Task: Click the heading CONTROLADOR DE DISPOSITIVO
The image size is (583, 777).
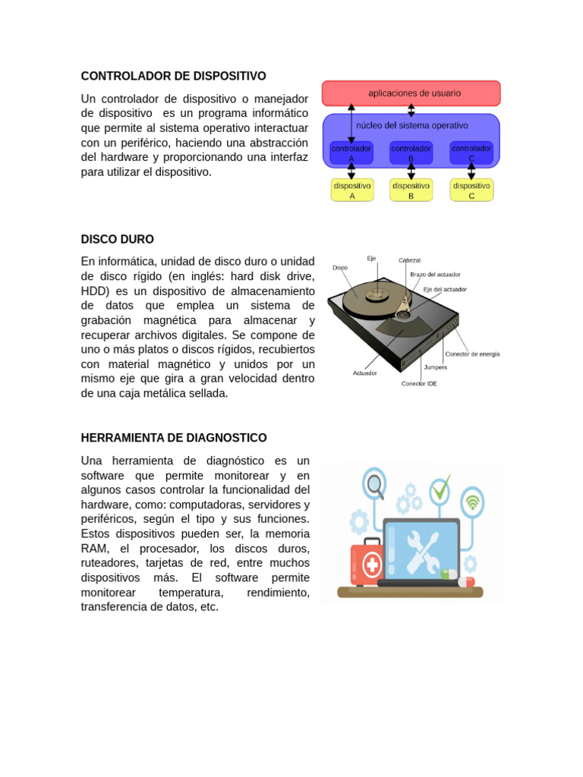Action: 173,76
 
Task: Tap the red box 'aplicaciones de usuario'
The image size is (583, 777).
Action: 411,93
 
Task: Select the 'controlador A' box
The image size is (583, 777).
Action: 351,153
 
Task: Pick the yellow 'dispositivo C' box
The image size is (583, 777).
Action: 471,190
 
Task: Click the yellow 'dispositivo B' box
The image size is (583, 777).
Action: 411,190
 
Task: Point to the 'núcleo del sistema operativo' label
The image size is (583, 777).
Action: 411,125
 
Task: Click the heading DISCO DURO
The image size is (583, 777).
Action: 117,239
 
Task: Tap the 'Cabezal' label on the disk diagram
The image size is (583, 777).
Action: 409,260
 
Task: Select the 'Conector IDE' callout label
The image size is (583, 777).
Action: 419,383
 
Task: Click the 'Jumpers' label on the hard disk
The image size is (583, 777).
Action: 435,367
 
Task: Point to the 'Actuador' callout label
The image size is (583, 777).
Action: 364,373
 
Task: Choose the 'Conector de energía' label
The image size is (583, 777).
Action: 472,354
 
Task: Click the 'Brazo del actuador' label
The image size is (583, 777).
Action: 435,274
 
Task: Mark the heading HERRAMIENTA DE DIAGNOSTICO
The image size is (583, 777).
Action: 174,438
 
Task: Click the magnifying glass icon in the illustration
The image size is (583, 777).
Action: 373,483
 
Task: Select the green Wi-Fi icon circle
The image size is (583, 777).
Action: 472,501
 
